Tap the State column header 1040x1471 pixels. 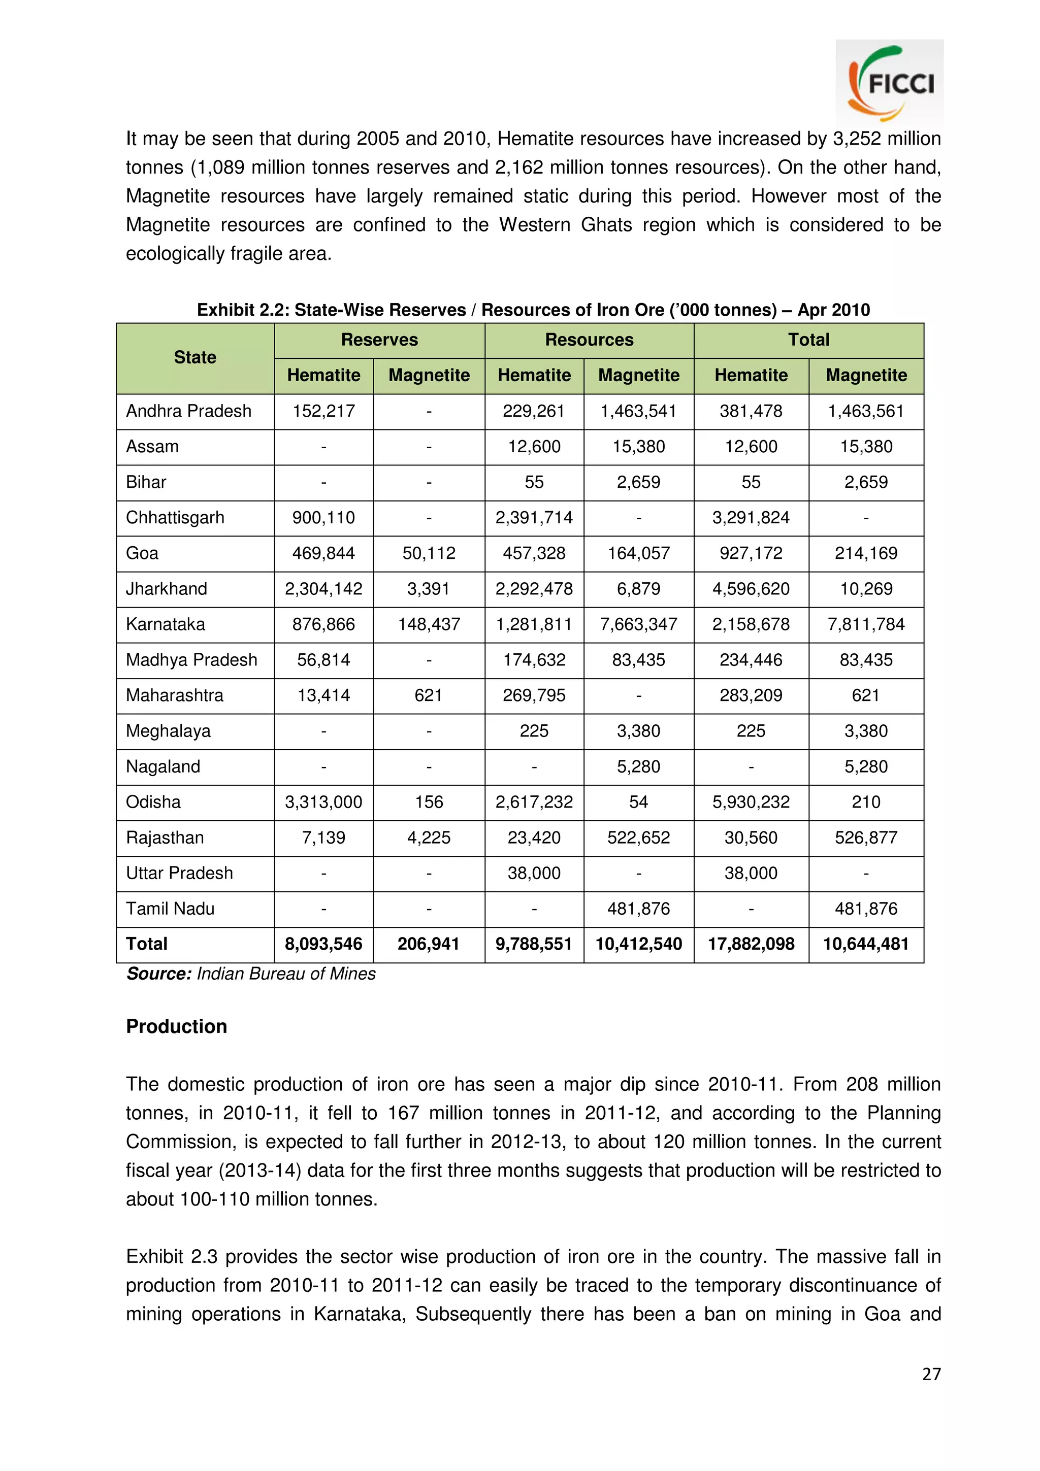(195, 357)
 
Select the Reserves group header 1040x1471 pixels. (379, 340)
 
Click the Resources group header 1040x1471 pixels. (589, 340)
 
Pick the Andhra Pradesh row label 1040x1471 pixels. (188, 411)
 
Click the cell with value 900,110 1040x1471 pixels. (323, 518)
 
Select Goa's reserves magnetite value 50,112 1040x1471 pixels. (429, 553)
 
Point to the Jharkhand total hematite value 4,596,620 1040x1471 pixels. (751, 589)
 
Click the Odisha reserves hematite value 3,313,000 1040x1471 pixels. (323, 802)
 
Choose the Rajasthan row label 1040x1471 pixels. (165, 838)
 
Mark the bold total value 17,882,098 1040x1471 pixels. (751, 944)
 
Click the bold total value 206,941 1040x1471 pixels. (429, 944)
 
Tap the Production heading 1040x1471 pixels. (176, 1026)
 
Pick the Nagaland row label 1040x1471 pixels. (163, 766)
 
